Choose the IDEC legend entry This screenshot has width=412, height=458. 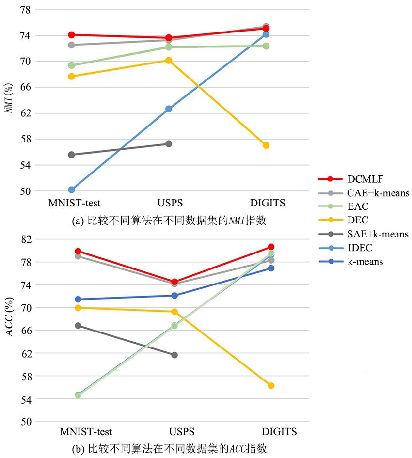click(359, 248)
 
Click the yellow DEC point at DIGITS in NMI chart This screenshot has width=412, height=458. click(266, 145)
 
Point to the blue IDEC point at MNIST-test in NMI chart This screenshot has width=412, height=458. click(71, 190)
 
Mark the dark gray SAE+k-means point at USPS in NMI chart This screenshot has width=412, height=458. click(169, 143)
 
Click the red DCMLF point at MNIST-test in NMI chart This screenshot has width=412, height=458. click(71, 35)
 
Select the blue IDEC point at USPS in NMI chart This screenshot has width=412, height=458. click(169, 109)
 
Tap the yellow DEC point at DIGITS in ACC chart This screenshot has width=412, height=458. click(271, 385)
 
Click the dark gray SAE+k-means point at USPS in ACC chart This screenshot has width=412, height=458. click(174, 355)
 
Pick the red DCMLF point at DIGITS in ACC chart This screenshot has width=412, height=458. click(271, 247)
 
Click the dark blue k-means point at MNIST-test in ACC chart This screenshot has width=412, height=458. click(78, 299)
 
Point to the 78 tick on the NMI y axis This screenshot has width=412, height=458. click(24, 10)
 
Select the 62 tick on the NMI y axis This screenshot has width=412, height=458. click(24, 113)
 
